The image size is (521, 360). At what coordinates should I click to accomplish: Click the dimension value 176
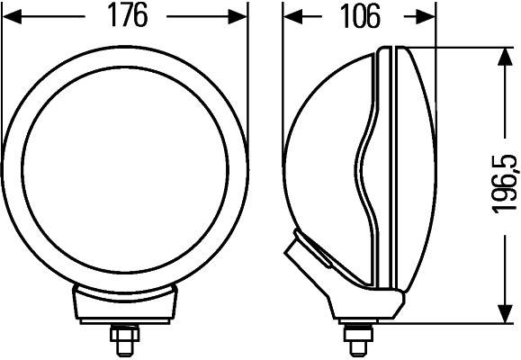pyautogui.click(x=125, y=16)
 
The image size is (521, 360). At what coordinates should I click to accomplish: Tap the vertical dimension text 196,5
pyautogui.click(x=505, y=184)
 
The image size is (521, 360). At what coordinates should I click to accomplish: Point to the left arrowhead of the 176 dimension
pyautogui.click(x=11, y=16)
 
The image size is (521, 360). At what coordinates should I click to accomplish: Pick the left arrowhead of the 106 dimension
pyautogui.click(x=292, y=16)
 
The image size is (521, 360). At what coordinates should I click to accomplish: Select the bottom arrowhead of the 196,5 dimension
pyautogui.click(x=502, y=312)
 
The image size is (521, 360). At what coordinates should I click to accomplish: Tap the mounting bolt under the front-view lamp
pyautogui.click(x=123, y=340)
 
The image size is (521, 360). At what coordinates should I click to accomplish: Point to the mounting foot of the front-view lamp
pyautogui.click(x=124, y=306)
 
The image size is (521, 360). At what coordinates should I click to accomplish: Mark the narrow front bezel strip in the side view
pyautogui.click(x=386, y=171)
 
